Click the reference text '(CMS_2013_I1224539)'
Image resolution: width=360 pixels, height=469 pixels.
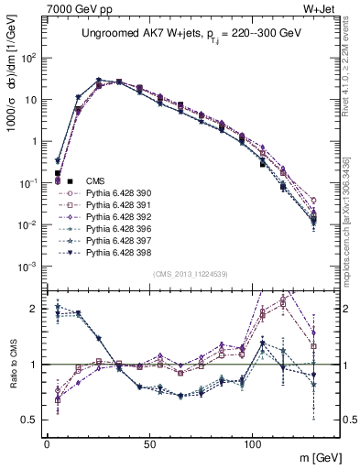pos(191,273)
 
